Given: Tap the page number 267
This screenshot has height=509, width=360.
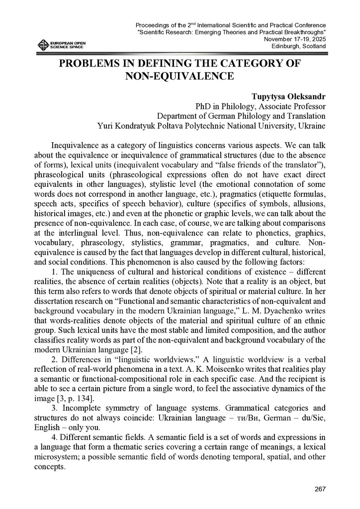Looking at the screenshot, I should [x=320, y=489].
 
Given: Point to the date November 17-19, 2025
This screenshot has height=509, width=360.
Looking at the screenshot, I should [x=295, y=39].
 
